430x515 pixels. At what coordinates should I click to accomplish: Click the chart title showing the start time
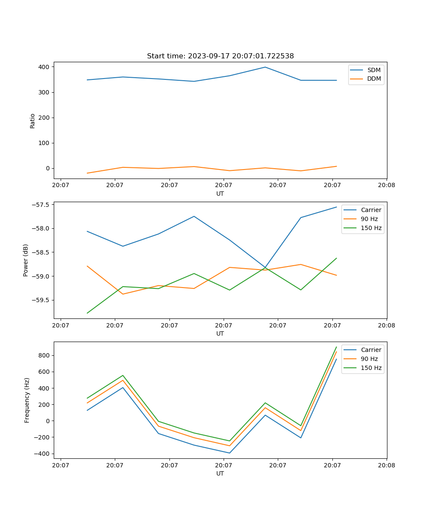(220, 56)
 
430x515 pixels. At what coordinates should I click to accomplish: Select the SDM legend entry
(373, 70)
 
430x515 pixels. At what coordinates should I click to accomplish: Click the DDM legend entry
(374, 79)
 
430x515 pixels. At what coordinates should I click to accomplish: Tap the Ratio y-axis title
(33, 121)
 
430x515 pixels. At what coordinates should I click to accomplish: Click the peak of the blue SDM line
(265, 67)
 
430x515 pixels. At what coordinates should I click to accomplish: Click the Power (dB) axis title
(26, 260)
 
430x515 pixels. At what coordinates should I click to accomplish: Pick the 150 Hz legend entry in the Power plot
(371, 228)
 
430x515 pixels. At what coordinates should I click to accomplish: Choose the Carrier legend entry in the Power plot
(371, 210)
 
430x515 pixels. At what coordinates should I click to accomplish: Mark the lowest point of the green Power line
(87, 313)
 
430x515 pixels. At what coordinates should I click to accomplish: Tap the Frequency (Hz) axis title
(27, 400)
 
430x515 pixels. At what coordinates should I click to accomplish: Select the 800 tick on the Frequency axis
(45, 355)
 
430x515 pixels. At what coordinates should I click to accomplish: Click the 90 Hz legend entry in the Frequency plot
(369, 359)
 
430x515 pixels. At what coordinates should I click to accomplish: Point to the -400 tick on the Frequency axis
(43, 454)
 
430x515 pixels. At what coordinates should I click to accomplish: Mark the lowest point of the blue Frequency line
(230, 453)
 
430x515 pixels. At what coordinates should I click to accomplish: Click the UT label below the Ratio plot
(220, 194)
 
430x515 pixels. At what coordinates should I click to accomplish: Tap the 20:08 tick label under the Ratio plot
(386, 185)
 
